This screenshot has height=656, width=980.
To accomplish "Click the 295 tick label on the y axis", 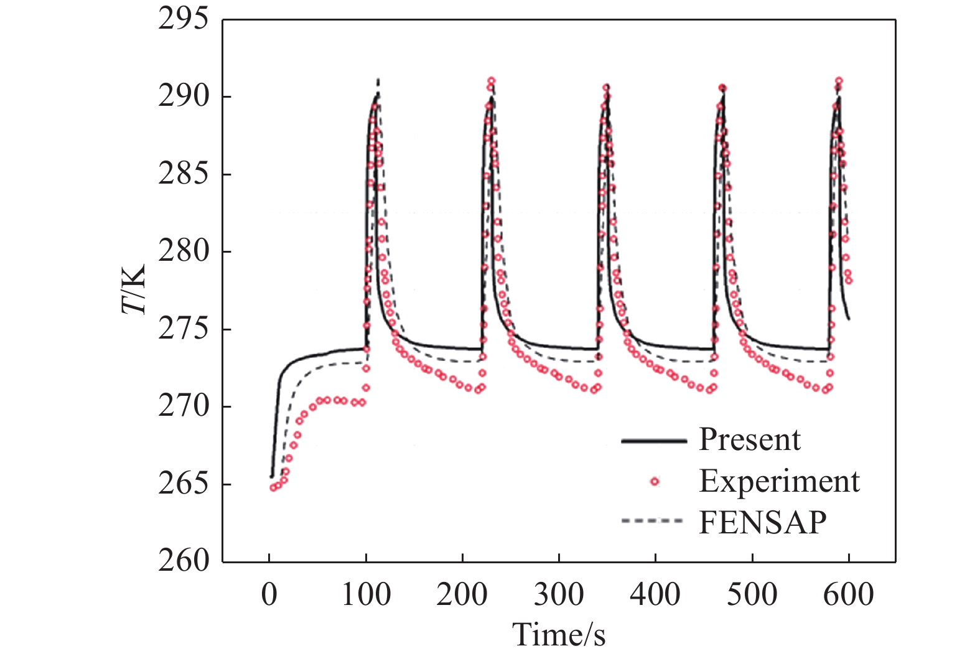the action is point(183,19).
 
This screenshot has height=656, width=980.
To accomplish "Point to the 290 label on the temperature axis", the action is point(183,96).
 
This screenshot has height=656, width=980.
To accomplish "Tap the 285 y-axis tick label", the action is point(183,174).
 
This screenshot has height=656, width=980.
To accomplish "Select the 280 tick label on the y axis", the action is point(183,251).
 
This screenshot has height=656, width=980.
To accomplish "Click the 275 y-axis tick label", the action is point(183,329).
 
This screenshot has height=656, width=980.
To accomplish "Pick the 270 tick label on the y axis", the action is point(183,407).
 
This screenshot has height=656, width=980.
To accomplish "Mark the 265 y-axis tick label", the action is point(183,484).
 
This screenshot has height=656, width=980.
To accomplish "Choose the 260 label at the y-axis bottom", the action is point(183,562).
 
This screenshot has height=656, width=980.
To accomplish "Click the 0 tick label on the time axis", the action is point(269,595).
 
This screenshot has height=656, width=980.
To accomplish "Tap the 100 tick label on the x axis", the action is point(366,595).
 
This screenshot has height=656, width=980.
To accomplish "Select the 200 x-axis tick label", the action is point(462,595).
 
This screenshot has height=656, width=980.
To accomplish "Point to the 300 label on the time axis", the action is point(559,595).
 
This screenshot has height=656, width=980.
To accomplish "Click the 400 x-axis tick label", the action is point(655,595).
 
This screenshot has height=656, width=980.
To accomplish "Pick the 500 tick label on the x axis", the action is point(752,595).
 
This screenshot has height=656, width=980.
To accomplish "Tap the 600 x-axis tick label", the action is point(849,595).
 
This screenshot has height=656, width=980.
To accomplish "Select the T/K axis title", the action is point(133,289).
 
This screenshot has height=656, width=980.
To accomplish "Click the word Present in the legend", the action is point(750,440).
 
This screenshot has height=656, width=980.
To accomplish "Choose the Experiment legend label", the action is point(780,482).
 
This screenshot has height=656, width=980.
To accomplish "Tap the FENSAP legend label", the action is point(763,522).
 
